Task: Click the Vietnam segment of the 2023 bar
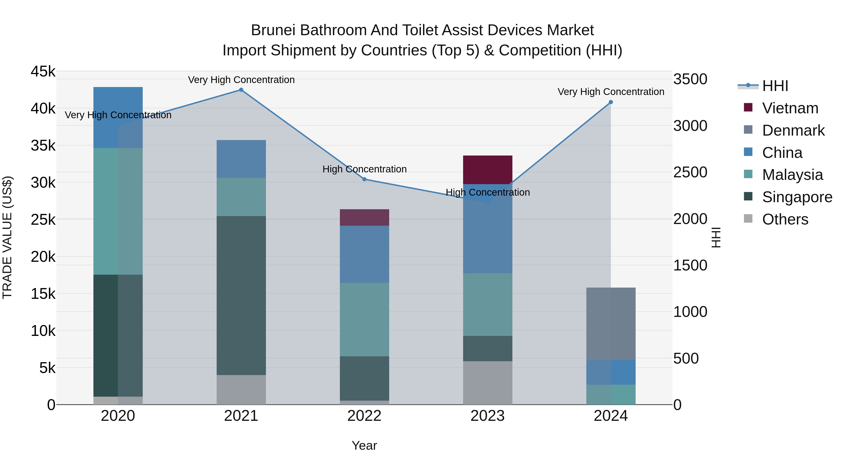pos(488,170)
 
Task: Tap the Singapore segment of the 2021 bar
pos(241,295)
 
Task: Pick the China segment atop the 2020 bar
pos(118,117)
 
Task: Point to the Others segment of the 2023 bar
pos(488,383)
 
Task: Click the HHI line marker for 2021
pos(241,90)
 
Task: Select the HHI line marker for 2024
pos(611,102)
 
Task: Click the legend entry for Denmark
pos(793,130)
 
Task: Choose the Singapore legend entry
pos(797,197)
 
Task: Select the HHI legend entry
pos(775,86)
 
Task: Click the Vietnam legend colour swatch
pos(748,107)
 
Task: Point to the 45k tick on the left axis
pos(43,72)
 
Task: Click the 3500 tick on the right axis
pos(690,79)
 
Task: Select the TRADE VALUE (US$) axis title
pos(7,237)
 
